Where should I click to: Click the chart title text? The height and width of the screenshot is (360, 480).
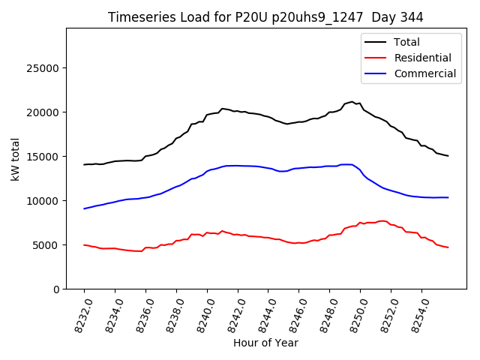click(265, 17)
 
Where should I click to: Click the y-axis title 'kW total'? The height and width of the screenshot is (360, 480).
click(16, 159)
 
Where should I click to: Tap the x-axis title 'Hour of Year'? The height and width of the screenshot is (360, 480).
click(265, 343)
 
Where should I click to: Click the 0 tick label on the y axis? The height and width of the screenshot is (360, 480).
click(56, 289)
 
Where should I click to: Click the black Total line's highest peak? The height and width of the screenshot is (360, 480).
click(352, 101)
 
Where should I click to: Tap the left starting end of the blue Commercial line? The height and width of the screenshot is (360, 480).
click(84, 208)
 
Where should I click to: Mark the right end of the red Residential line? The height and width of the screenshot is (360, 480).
click(448, 247)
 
